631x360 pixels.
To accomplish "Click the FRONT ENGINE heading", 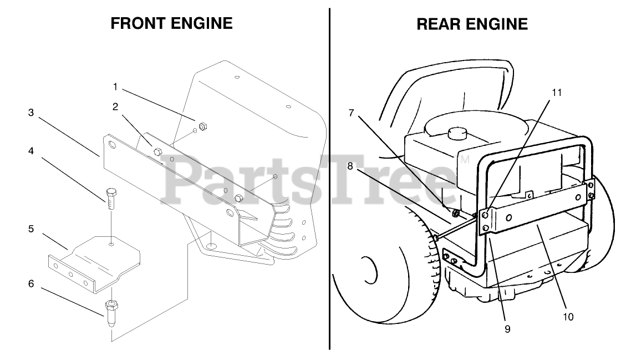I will click(x=171, y=23).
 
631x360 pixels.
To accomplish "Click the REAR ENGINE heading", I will click(x=472, y=24).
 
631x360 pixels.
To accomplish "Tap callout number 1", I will click(x=115, y=87).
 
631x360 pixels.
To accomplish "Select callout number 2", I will click(x=115, y=107).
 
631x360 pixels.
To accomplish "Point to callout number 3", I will click(x=31, y=112).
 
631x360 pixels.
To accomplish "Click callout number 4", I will click(x=31, y=151).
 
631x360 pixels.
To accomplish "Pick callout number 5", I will click(x=31, y=229).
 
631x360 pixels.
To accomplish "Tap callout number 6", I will click(x=31, y=283).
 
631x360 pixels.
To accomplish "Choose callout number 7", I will click(x=351, y=113).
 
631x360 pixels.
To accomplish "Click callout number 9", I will click(x=507, y=328).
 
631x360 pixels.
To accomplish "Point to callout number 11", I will click(x=556, y=92).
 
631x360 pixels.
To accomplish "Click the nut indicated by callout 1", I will click(x=202, y=126).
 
